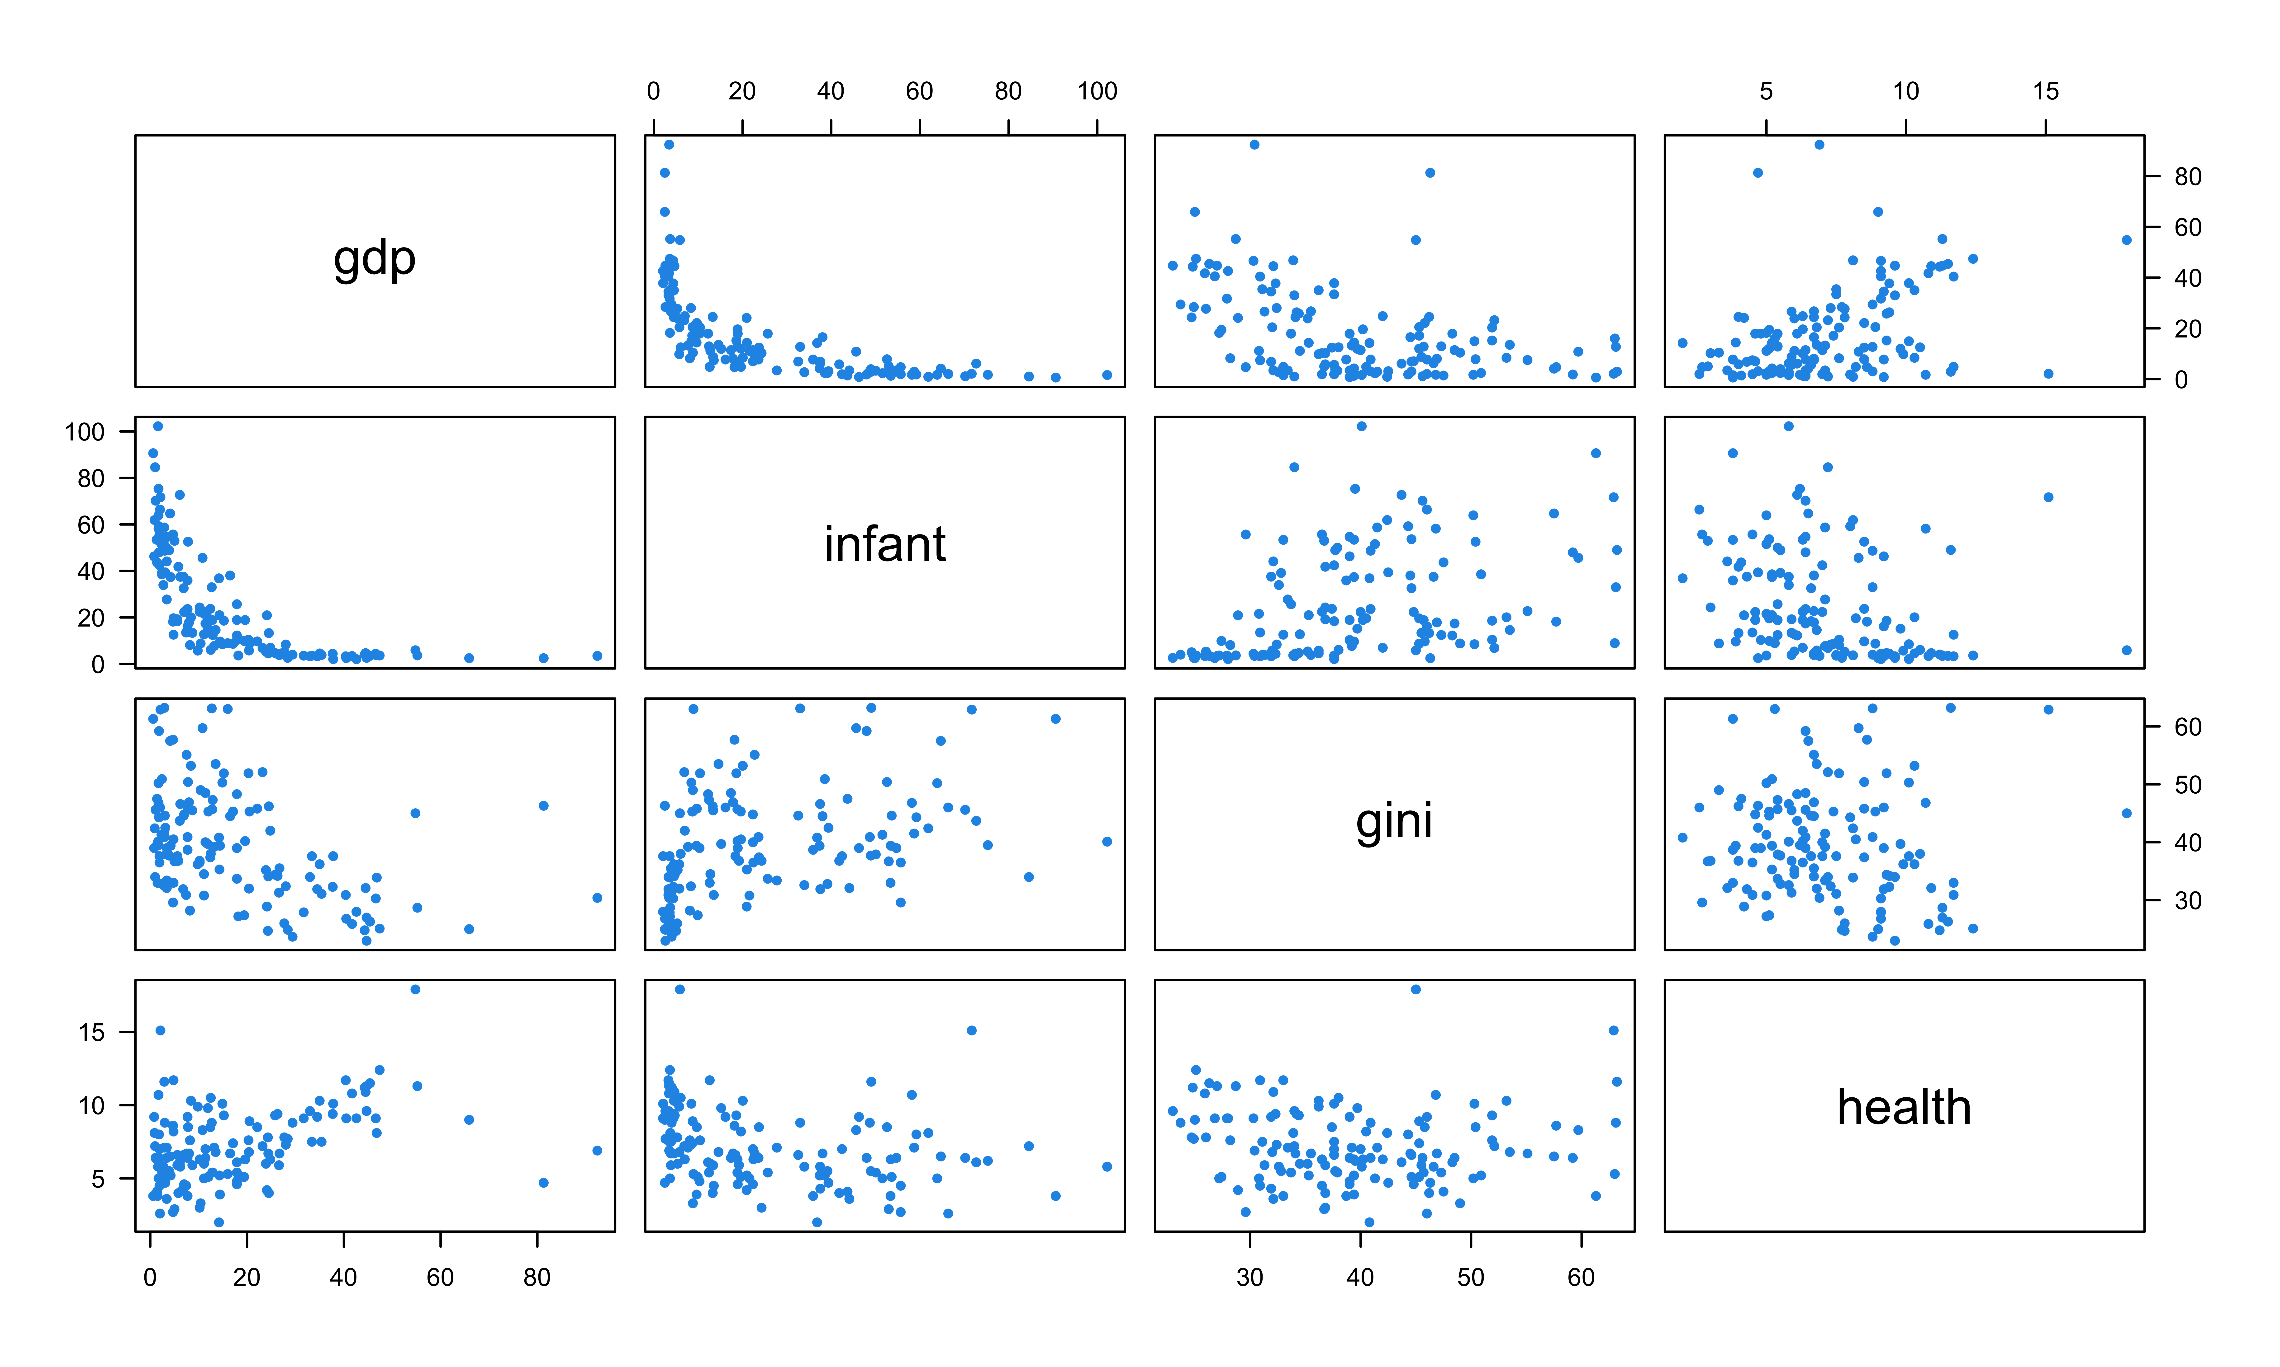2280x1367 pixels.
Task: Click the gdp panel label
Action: pos(374,260)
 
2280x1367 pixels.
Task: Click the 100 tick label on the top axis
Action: pos(1097,91)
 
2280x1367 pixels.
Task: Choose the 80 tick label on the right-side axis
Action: pos(2187,177)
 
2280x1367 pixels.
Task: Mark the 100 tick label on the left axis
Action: pos(85,432)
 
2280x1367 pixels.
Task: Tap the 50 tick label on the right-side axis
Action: pos(2187,785)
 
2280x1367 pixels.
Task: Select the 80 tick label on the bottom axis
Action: pos(536,1278)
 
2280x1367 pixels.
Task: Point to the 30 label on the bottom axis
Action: pos(1250,1278)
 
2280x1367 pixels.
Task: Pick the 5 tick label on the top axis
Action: pos(1766,91)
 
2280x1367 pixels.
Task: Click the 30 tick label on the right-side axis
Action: pos(2187,901)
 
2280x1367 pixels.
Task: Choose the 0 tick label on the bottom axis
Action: pos(150,1278)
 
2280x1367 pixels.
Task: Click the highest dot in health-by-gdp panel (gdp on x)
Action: pos(416,989)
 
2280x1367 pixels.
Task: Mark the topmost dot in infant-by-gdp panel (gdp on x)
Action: pos(158,426)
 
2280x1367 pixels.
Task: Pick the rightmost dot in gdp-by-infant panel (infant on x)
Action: pos(1107,375)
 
